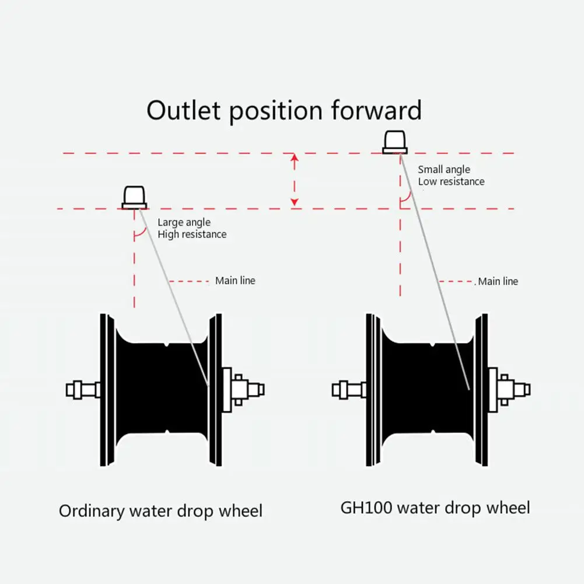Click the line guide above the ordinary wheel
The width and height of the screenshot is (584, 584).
(x=134, y=198)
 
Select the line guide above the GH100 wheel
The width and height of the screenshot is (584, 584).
(x=394, y=142)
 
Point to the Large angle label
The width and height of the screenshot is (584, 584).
(x=184, y=222)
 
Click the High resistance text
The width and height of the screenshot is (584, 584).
(x=192, y=234)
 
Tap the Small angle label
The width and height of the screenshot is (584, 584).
(x=444, y=170)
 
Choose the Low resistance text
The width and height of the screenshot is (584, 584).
(x=451, y=181)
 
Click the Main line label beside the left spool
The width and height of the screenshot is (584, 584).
(x=235, y=281)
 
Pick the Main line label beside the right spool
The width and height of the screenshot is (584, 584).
(x=498, y=281)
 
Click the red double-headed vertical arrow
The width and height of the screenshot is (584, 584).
(x=295, y=180)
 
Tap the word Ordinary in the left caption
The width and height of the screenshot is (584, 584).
(x=92, y=512)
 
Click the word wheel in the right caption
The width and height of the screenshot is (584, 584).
(x=506, y=508)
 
